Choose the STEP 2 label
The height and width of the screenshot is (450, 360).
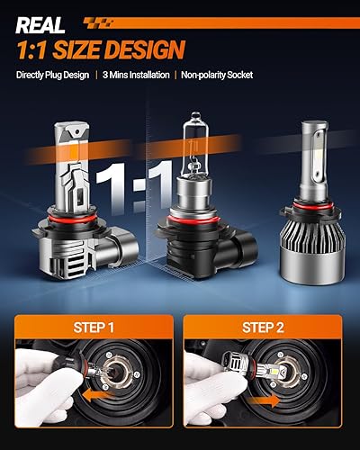268,328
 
